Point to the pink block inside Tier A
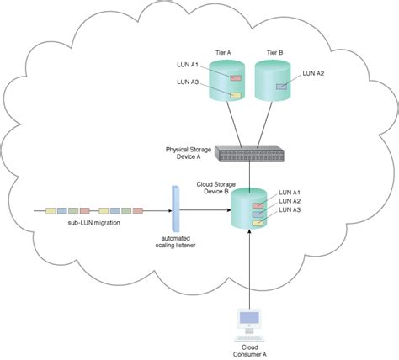coord(235,78)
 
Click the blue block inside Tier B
coord(282,86)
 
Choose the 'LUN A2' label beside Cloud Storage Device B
coord(290,202)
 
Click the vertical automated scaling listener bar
coord(176,209)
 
